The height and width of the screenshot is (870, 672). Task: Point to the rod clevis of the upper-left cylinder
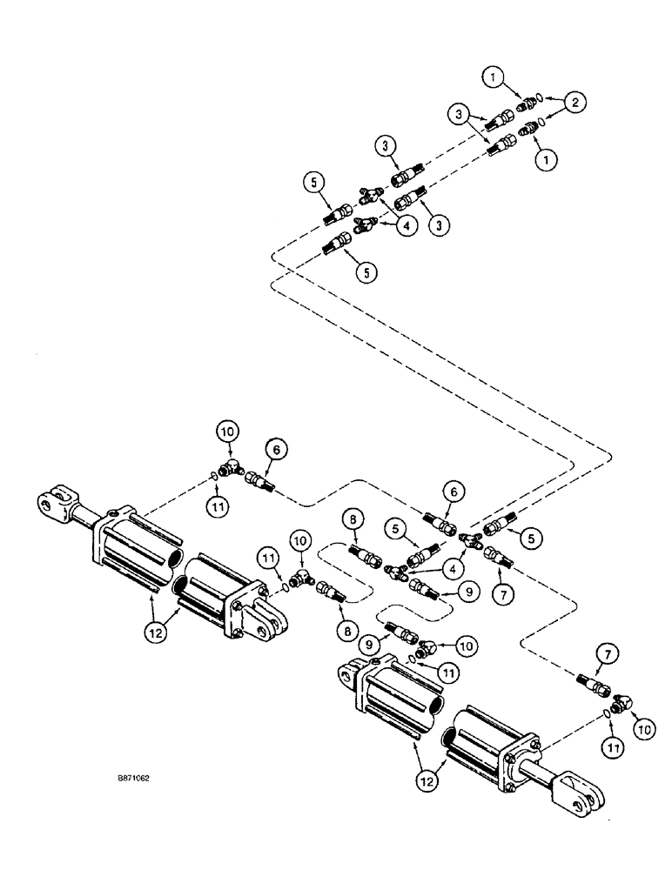tap(51, 501)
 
